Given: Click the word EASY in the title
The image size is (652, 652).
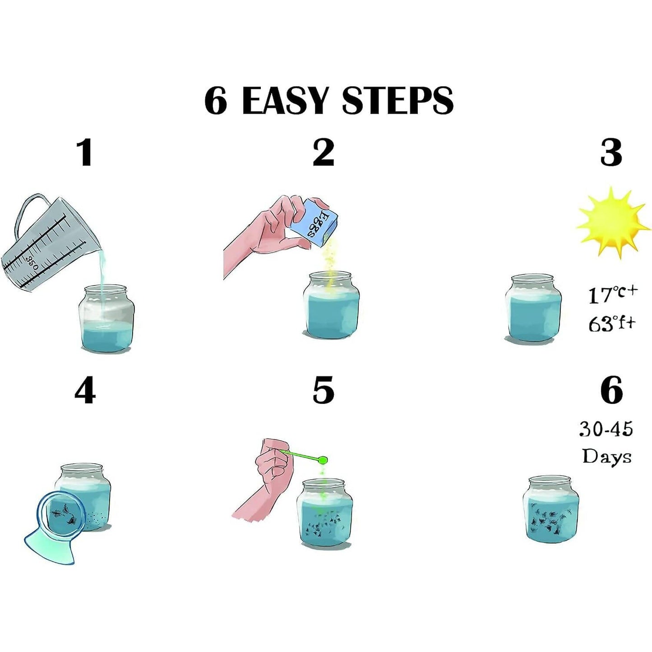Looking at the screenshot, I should (x=285, y=100).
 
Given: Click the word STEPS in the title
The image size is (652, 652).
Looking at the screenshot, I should (x=397, y=100).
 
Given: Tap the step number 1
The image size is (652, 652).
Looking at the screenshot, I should (x=85, y=153).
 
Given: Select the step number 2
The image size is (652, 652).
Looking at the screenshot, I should (x=324, y=153).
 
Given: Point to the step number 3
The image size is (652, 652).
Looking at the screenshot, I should (x=611, y=153).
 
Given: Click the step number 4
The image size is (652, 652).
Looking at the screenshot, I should (x=85, y=390).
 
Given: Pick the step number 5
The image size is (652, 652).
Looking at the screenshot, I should (x=324, y=390).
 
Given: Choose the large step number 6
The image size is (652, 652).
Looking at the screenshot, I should (x=611, y=390).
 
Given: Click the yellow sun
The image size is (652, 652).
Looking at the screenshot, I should (x=611, y=222).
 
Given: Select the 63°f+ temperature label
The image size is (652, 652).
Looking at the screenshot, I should (x=611, y=323).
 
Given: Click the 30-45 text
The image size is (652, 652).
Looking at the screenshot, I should (x=606, y=429).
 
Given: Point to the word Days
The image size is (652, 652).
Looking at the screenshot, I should (x=606, y=456).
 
